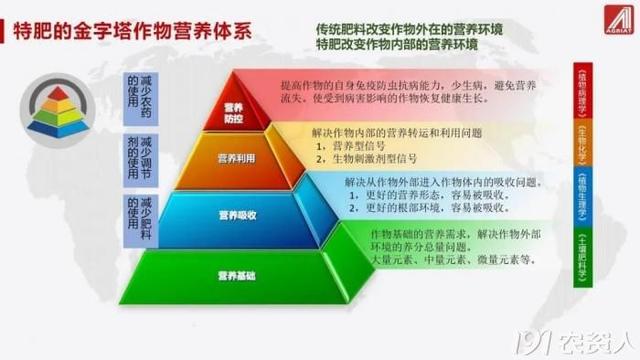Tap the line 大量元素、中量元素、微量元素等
coord(438,258)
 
